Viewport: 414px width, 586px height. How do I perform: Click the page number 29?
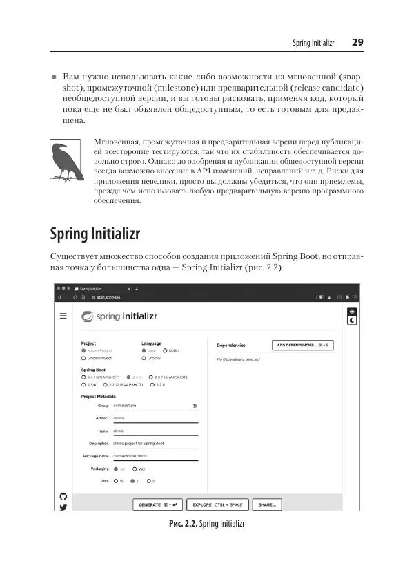(357, 42)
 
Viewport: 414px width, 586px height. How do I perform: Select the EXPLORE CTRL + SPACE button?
(217, 505)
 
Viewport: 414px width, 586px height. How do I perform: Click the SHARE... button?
(266, 505)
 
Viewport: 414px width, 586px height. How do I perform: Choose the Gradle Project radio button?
(83, 359)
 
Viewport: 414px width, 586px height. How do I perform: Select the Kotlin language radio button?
(165, 350)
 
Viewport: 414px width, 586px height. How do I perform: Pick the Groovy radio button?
(144, 359)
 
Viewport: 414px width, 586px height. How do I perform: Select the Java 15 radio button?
(116, 480)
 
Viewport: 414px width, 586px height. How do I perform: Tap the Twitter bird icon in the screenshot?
(63, 507)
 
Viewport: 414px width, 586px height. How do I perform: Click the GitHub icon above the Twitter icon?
(63, 496)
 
